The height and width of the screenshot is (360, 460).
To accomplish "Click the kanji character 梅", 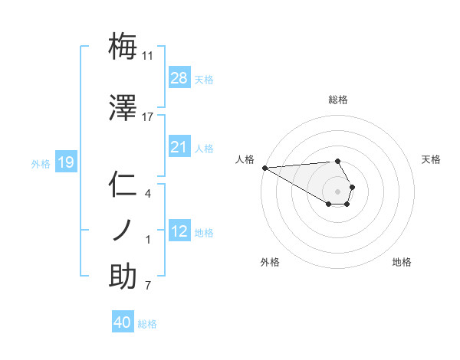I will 123,47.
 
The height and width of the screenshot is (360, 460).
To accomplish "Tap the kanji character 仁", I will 123,185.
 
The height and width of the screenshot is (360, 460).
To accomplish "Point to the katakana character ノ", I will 123,229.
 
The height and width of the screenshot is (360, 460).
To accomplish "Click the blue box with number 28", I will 179,78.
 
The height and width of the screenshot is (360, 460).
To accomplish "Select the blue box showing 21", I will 179,147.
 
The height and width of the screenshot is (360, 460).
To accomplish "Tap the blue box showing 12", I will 179,232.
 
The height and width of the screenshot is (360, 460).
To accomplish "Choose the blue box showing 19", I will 65,162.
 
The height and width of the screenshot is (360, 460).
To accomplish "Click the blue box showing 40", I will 123,323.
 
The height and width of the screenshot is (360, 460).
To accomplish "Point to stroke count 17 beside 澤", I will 148,117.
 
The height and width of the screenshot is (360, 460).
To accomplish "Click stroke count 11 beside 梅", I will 148,56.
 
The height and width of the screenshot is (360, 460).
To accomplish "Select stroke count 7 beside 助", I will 148,286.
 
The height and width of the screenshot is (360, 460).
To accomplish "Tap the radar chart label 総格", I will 338,100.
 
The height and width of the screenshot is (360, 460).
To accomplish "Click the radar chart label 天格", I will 431,159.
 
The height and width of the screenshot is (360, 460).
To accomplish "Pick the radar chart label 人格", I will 245,159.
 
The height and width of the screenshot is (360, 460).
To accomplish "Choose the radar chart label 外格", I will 270,262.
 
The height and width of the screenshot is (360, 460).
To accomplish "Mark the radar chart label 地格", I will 402,262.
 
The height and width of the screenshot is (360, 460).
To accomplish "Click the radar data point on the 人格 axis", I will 264,168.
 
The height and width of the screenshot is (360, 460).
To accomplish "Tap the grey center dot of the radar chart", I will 338,191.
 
